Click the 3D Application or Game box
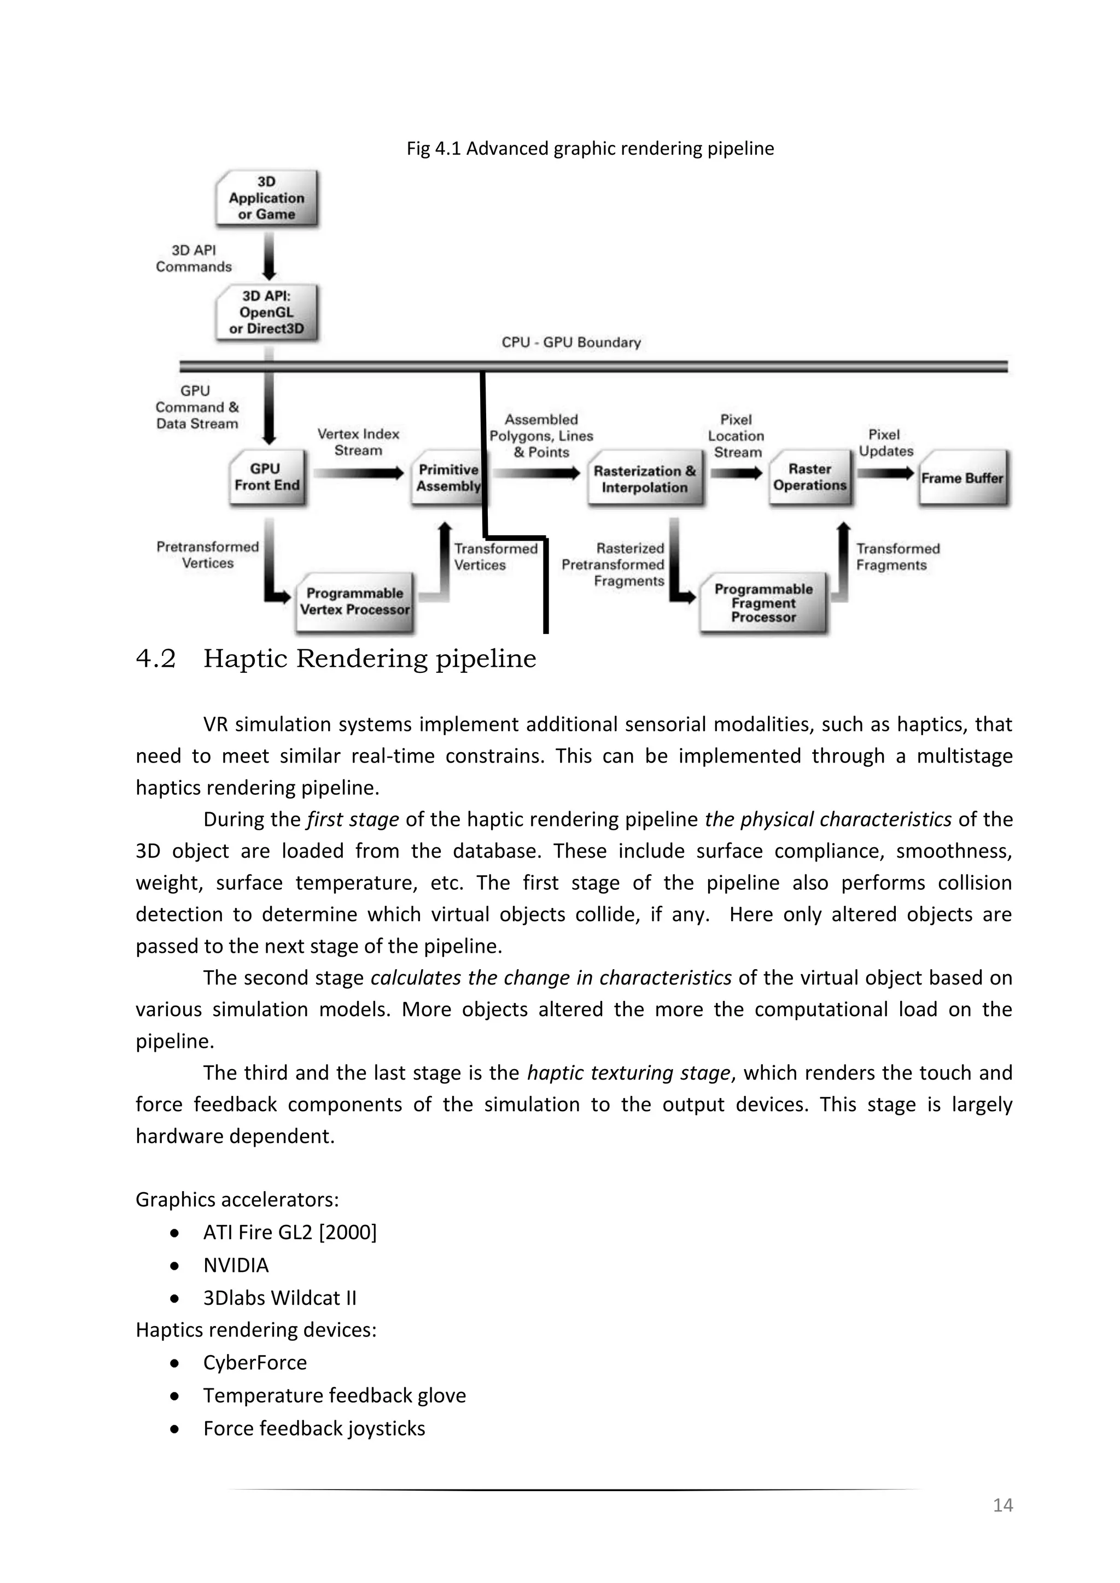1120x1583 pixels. pyautogui.click(x=267, y=198)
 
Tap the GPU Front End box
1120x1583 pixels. pyautogui.click(x=267, y=477)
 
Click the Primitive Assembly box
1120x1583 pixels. pyautogui.click(x=447, y=478)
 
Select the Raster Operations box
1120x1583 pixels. pyautogui.click(x=810, y=477)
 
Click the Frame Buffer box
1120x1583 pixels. pyautogui.click(x=962, y=478)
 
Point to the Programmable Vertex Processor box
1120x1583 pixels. pyautogui.click(x=354, y=601)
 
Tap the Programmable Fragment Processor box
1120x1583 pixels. pyautogui.click(x=763, y=602)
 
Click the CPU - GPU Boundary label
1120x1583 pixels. pyautogui.click(x=571, y=343)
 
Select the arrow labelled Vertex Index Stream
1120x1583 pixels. pyautogui.click(x=358, y=473)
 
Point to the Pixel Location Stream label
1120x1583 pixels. pyautogui.click(x=736, y=436)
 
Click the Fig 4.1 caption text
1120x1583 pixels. pyautogui.click(x=590, y=149)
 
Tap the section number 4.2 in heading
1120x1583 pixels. pyautogui.click(x=156, y=659)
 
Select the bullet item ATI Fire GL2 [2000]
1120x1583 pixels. pyautogui.click(x=290, y=1232)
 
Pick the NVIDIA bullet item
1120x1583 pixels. pyautogui.click(x=236, y=1265)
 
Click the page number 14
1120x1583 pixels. pyautogui.click(x=1002, y=1505)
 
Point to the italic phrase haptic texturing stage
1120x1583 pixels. pyautogui.click(x=628, y=1073)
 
